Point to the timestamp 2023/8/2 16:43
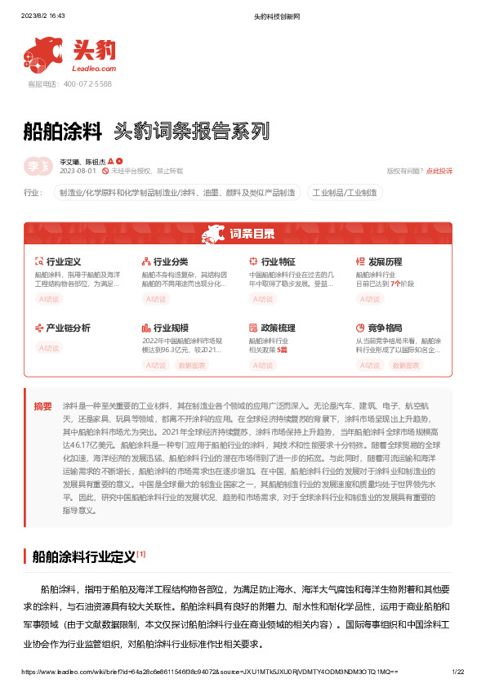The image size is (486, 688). (x=42, y=16)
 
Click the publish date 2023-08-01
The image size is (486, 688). (x=78, y=171)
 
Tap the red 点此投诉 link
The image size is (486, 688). (x=439, y=171)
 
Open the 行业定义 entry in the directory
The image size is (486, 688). (x=63, y=262)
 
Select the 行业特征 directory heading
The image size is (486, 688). (x=277, y=262)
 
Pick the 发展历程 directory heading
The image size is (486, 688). (x=385, y=262)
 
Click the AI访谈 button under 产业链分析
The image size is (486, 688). (x=50, y=347)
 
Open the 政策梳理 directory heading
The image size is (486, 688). (x=277, y=328)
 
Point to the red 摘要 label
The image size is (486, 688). (x=42, y=406)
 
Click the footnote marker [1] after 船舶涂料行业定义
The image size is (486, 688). (x=141, y=554)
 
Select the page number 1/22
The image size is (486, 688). (x=457, y=671)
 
